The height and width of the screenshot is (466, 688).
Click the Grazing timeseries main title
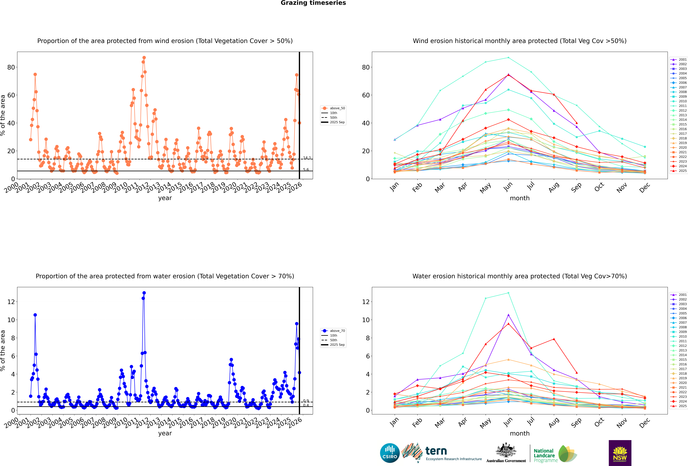coord(313,3)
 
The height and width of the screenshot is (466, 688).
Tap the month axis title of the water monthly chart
coord(520,433)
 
